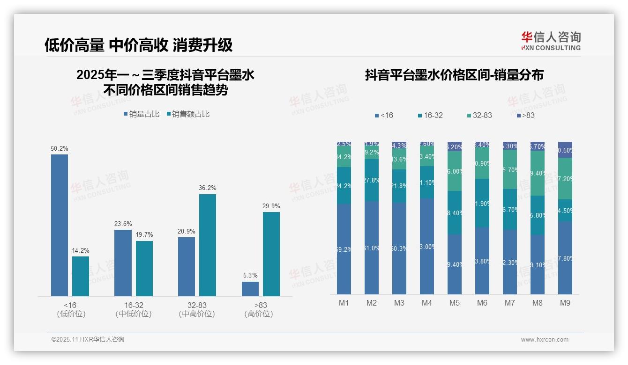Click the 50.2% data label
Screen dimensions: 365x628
(x=60, y=148)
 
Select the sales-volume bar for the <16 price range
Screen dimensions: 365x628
(x=60, y=225)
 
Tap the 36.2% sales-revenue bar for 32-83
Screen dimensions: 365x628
(x=208, y=245)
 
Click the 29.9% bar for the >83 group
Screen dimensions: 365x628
(x=271, y=254)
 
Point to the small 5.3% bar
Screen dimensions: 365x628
(x=250, y=289)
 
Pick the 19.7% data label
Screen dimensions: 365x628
(x=144, y=234)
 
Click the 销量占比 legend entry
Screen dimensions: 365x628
(x=142, y=114)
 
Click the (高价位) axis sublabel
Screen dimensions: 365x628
(x=259, y=314)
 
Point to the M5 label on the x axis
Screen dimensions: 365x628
(x=455, y=303)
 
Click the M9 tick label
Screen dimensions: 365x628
(x=565, y=303)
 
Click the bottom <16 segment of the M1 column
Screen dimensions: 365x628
(x=344, y=249)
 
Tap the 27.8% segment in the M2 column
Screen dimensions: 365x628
(x=372, y=180)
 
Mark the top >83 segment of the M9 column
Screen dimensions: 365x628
(x=565, y=150)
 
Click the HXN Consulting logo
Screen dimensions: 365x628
(x=551, y=41)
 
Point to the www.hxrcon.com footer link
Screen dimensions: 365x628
(x=545, y=340)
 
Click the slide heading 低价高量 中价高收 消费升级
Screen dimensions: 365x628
(x=138, y=45)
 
